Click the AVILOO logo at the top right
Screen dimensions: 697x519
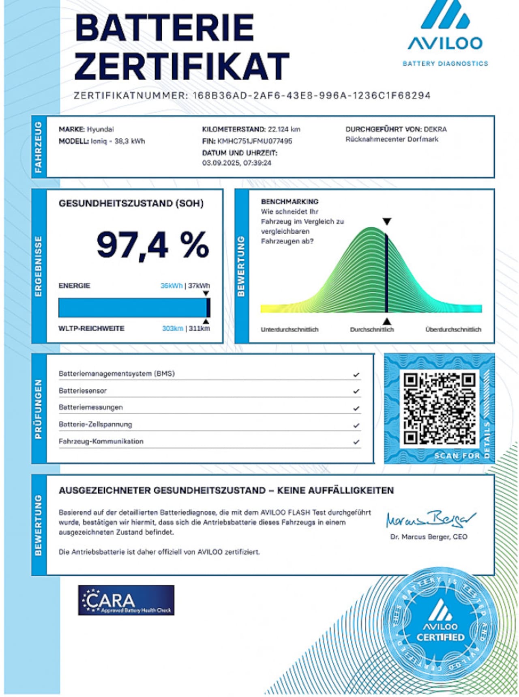[445, 32]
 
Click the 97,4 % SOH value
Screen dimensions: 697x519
[153, 245]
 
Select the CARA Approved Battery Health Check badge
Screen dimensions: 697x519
[126, 600]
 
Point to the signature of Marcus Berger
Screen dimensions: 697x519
[430, 518]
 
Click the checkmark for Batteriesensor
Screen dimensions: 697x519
[356, 392]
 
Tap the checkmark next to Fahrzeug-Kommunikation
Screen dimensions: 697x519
[356, 442]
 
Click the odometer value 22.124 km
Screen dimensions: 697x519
[284, 129]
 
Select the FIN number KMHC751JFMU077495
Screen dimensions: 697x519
[255, 141]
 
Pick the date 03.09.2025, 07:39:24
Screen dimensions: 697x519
[237, 163]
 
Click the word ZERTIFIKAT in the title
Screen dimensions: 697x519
[181, 66]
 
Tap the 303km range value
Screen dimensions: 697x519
[172, 328]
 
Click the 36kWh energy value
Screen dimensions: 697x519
[172, 286]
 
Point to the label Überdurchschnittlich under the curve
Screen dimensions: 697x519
[453, 329]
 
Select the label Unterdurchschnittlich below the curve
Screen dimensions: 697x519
[290, 329]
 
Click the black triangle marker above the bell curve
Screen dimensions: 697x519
[387, 222]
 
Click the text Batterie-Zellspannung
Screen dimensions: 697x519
[95, 424]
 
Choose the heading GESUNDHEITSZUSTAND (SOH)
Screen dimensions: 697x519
[131, 203]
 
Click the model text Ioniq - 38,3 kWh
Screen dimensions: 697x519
[118, 141]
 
